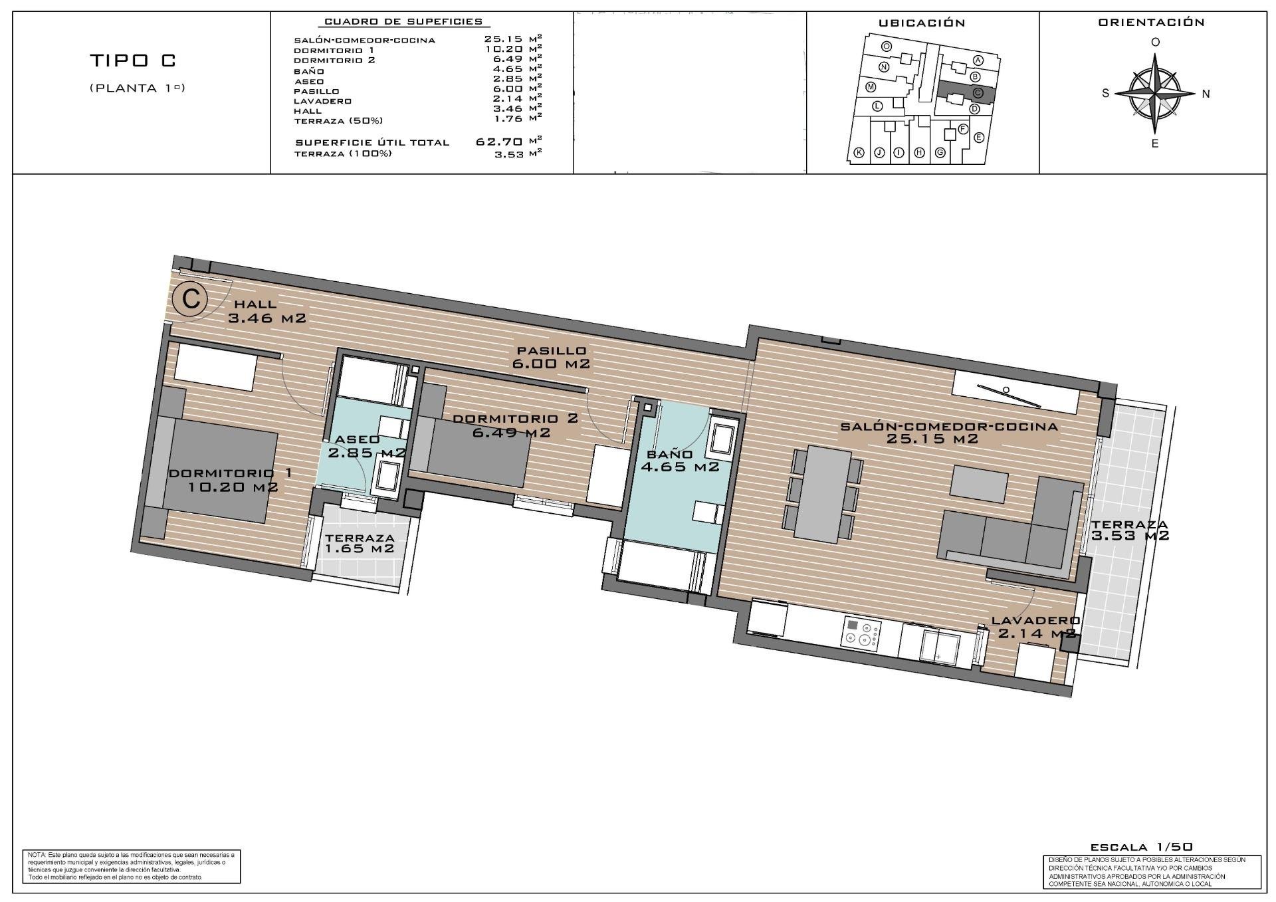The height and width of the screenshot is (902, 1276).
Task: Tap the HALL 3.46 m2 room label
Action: [x=266, y=312]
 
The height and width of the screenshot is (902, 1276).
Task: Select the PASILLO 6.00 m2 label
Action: [x=551, y=357]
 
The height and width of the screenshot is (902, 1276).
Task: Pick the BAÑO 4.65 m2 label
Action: [x=679, y=461]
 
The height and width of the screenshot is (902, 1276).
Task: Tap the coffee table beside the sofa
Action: [x=979, y=483]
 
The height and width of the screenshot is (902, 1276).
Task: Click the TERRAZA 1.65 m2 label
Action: [x=360, y=543]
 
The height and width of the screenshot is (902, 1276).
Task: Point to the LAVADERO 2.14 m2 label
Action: [x=1035, y=627]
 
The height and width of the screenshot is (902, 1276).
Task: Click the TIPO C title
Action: [x=133, y=60]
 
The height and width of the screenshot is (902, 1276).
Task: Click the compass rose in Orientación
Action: [x=1156, y=93]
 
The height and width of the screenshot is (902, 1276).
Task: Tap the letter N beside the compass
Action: [x=1206, y=94]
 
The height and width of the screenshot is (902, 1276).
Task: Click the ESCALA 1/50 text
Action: [x=1141, y=847]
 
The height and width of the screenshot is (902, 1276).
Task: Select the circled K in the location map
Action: [x=859, y=154]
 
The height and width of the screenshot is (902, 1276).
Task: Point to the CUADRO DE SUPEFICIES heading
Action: [x=403, y=21]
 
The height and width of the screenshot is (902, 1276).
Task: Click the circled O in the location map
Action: [x=887, y=47]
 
